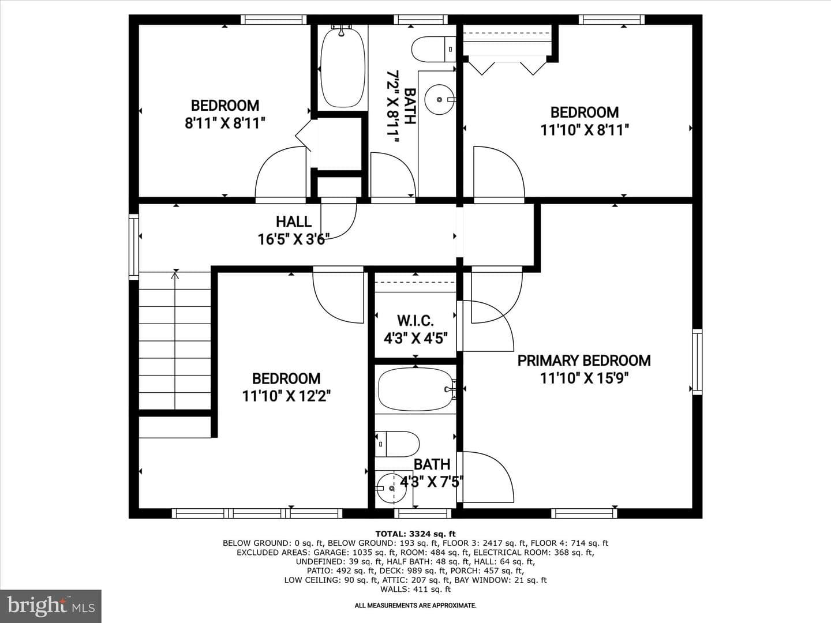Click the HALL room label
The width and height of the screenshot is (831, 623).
coord(293,222)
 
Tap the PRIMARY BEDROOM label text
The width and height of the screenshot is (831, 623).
coord(584,361)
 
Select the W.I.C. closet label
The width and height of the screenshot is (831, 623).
coord(415,321)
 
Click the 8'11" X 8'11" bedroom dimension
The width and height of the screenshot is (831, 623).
coord(224,123)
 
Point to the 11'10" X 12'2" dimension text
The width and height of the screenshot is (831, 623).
coord(286,396)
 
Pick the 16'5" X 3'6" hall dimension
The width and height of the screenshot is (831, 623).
coord(293,239)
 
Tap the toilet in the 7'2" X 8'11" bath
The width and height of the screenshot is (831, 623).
coord(433,49)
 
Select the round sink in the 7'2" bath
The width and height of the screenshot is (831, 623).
coord(439,99)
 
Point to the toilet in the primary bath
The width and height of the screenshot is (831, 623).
coord(398,444)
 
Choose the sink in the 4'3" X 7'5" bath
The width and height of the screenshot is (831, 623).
coord(391,489)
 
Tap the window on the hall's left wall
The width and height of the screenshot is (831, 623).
coord(134,247)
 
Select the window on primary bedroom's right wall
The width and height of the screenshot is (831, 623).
coord(697,362)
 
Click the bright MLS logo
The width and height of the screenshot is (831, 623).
coord(50,606)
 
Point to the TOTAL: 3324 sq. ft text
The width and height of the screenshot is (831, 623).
coord(415,534)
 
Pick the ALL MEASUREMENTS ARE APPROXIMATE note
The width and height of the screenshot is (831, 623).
coord(415,606)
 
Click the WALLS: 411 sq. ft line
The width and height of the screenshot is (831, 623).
coord(415,589)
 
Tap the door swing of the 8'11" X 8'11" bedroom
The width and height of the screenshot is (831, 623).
coord(280,172)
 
